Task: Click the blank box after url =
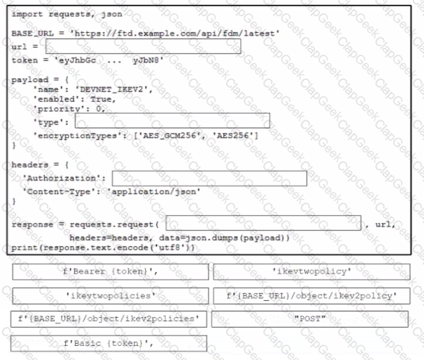[143, 46]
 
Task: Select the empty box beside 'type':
[172, 121]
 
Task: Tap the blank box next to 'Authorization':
[210, 178]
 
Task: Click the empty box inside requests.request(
[263, 223]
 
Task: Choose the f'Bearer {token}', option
[111, 272]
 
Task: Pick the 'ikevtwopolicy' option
[312, 272]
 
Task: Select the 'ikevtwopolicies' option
[111, 296]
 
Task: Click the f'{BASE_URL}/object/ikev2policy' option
[312, 296]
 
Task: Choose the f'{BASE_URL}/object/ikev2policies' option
[109, 319]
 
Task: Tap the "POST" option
[310, 319]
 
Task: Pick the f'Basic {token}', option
[109, 344]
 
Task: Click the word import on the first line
[27, 14]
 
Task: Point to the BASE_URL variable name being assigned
[32, 34]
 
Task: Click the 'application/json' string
[153, 192]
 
